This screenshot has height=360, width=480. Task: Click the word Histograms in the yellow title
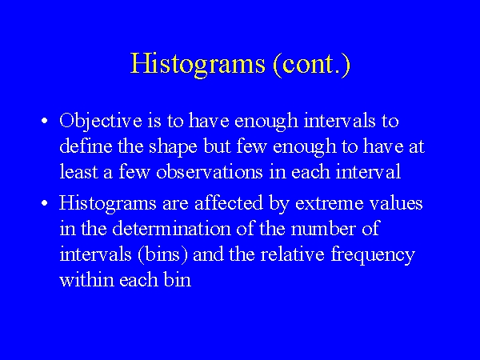[198, 64]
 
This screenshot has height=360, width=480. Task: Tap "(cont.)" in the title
[311, 64]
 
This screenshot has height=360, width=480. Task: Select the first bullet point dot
[45, 121]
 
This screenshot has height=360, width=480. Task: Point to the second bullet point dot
[45, 203]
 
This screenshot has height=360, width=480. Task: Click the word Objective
[101, 122]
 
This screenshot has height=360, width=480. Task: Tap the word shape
[173, 147]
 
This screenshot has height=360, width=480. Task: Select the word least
[78, 171]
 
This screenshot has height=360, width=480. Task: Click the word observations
[210, 171]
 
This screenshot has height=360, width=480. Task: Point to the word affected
[229, 202]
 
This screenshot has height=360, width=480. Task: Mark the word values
[396, 202]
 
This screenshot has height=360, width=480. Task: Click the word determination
[171, 228]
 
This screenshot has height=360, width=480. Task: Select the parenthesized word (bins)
[162, 255]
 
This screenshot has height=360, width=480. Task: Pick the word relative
[292, 254]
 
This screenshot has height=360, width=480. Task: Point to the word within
[86, 279]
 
